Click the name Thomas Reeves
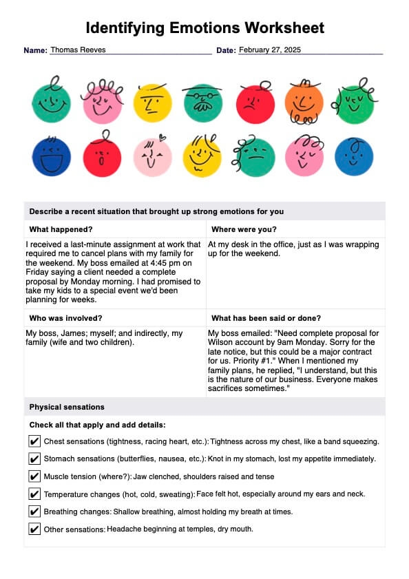click(78, 50)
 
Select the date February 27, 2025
click(270, 50)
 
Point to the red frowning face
click(255, 103)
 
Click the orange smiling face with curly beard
click(304, 103)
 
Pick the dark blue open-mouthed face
click(50, 156)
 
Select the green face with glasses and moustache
click(202, 103)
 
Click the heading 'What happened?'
click(61, 229)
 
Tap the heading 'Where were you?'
click(243, 229)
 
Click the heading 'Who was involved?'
click(66, 318)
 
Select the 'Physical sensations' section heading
click(67, 407)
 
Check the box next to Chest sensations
click(34, 441)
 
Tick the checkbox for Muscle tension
click(34, 476)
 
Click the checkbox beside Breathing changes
click(34, 512)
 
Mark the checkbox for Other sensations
click(34, 529)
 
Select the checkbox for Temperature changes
click(34, 494)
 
